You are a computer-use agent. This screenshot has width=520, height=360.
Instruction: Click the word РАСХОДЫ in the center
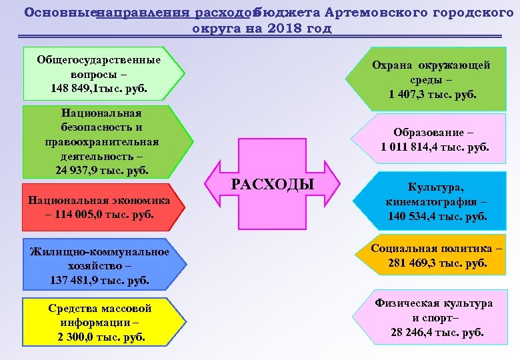point(273,185)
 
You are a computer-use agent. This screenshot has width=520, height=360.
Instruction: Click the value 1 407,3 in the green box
point(411,95)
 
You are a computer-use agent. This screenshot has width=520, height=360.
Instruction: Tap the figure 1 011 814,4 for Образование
point(416,147)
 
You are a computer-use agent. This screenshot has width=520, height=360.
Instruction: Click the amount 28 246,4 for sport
point(419,332)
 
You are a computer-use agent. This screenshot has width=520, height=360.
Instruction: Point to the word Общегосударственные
point(99,59)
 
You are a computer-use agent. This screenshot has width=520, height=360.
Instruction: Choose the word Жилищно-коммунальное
point(99,251)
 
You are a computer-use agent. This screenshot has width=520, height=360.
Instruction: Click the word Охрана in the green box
point(393,65)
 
